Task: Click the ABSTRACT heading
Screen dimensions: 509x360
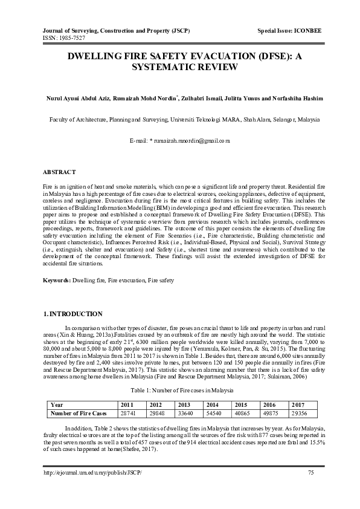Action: pyautogui.click(x=59, y=172)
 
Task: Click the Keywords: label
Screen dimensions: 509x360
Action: pyautogui.click(x=57, y=280)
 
